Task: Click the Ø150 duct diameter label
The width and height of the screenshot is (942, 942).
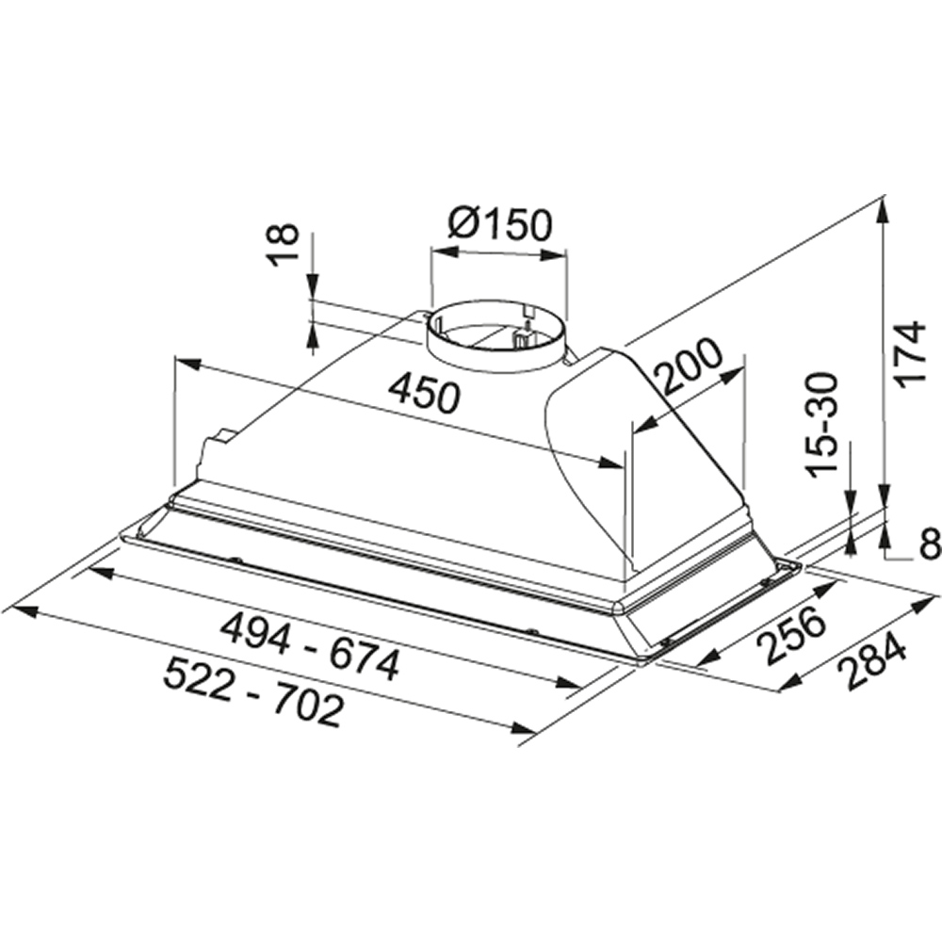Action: (499, 225)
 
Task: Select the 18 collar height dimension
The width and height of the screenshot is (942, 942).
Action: (283, 245)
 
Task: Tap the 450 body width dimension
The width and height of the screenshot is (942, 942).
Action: (424, 396)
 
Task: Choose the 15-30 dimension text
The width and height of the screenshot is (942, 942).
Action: (822, 425)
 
